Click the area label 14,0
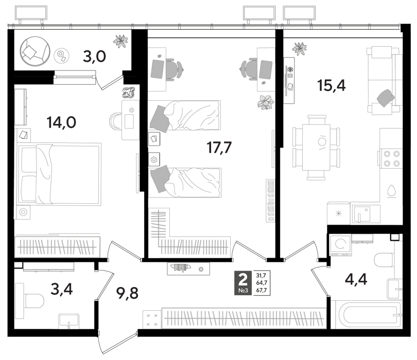point(61,122)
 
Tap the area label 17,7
point(219,148)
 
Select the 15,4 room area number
point(332,85)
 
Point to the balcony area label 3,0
point(94,57)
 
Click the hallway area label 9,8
point(127,293)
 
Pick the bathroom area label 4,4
point(356,279)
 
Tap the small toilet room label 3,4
point(62,289)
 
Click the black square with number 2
point(243,283)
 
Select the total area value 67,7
point(262,291)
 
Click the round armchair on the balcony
point(35,51)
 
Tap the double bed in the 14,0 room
point(59,174)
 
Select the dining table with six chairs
point(316,148)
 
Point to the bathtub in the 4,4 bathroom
point(368,315)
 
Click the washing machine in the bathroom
point(340,245)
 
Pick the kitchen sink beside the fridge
point(362,214)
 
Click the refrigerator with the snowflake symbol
point(339,213)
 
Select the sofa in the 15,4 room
point(383,81)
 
